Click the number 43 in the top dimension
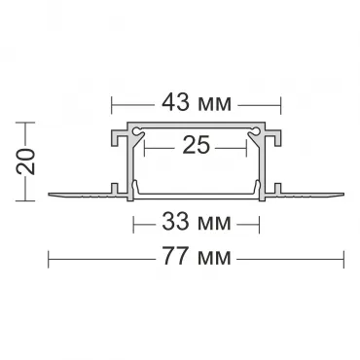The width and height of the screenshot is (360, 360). click(175, 102)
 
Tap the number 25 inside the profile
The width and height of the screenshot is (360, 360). click(197, 145)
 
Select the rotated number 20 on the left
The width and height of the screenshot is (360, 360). click(26, 162)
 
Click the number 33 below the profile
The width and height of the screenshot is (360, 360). click(175, 221)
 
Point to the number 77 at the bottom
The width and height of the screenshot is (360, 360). click(175, 256)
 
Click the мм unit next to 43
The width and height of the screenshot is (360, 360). click(213, 104)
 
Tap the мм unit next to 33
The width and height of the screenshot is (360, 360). click(213, 224)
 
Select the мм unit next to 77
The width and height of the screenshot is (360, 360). click(213, 258)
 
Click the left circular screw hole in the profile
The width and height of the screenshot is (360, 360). click(136, 131)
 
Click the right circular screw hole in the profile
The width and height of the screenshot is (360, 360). click(256, 131)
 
